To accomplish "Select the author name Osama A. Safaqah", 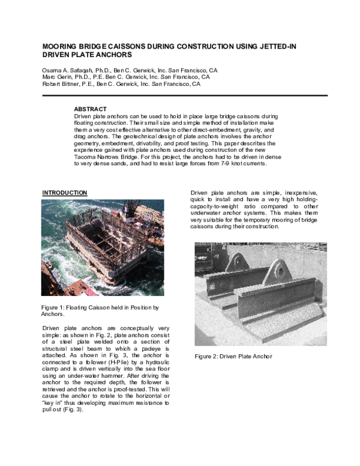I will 68,70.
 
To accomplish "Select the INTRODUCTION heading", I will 65,192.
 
